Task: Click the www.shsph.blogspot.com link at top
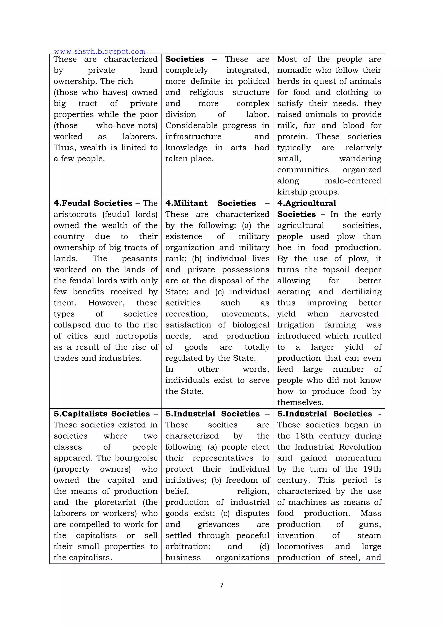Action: pyautogui.click(x=100, y=51)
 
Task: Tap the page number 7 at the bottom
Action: pyautogui.click(x=221, y=585)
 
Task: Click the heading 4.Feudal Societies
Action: pyautogui.click(x=93, y=203)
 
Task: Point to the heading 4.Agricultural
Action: pyautogui.click(x=307, y=203)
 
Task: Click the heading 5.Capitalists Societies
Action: pyautogui.click(x=101, y=414)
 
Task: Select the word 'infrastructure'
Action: pyautogui.click(x=193, y=136)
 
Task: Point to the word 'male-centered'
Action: pyautogui.click(x=353, y=181)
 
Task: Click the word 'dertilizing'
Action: pyautogui.click(x=361, y=292)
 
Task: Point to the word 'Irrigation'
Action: pyautogui.click(x=295, y=325)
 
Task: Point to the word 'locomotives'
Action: pyautogui.click(x=300, y=546)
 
